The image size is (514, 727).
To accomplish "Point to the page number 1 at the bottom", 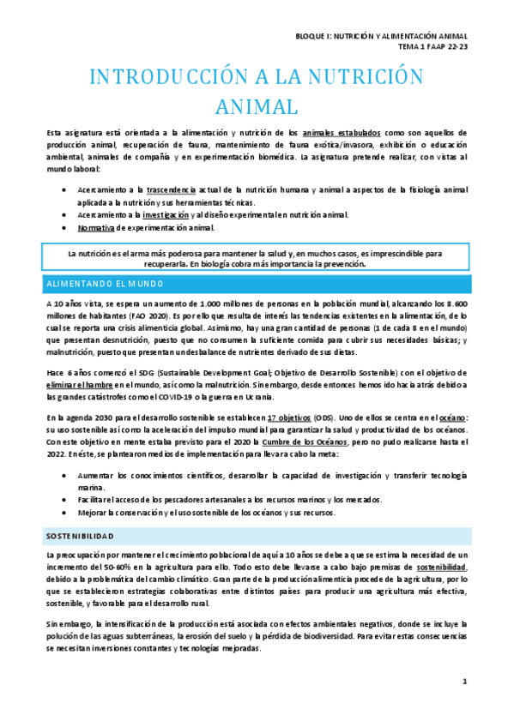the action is [464, 682].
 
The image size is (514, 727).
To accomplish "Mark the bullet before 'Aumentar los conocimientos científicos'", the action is [68, 475].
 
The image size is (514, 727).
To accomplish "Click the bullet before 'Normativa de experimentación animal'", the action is [68, 228].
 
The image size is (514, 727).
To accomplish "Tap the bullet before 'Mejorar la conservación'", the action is [68, 513].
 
